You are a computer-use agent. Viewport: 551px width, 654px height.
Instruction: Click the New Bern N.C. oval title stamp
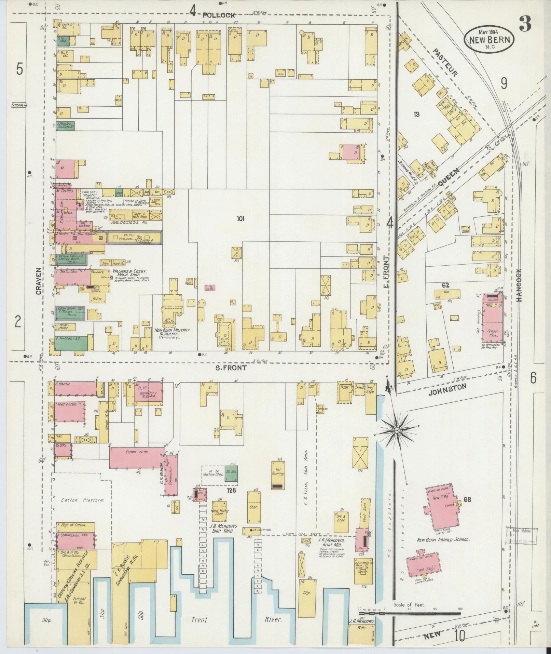coord(489,40)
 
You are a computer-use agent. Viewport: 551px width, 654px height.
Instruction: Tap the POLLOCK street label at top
coord(219,15)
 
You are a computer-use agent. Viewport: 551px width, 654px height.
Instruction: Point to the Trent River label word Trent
coord(199,619)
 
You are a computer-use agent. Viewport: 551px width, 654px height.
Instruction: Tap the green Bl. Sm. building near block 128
coord(231,473)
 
